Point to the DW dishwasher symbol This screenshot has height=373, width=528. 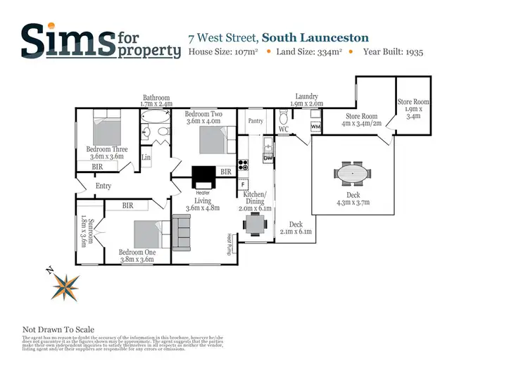268,158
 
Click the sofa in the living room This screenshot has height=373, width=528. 181,233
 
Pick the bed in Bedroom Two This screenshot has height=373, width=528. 215,138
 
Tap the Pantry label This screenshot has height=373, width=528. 255,121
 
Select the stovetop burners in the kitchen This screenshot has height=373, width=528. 243,166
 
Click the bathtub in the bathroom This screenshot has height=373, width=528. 155,131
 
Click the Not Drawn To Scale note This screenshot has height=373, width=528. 58,329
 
